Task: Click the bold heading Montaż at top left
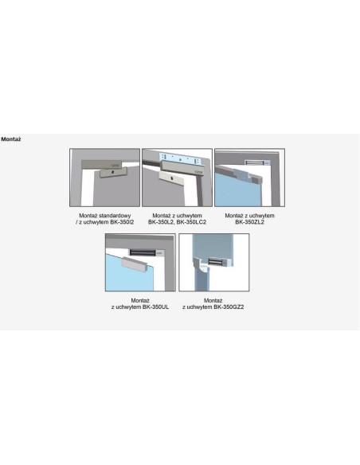11,139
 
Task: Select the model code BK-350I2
122,222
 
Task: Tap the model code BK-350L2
160,222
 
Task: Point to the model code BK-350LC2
191,222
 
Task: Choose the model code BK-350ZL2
249,222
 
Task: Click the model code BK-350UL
155,307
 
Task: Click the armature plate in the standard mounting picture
113,172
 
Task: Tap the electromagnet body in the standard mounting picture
101,164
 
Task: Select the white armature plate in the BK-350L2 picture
172,178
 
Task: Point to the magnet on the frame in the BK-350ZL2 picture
257,162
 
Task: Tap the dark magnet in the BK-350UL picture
143,252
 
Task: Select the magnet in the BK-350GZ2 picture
217,261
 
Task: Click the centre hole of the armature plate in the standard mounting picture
112,172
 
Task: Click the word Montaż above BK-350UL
140,300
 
